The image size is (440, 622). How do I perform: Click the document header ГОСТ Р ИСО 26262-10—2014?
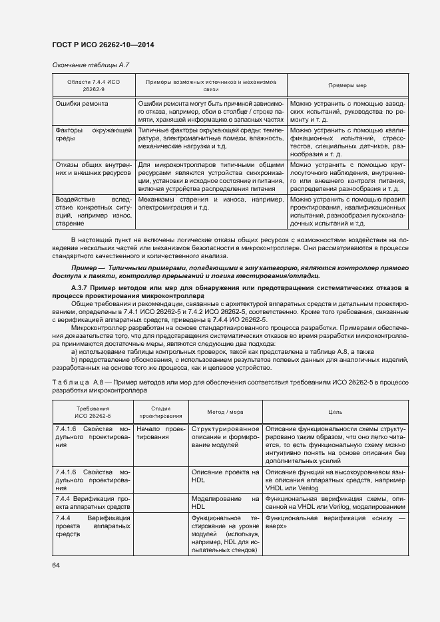click(x=107, y=45)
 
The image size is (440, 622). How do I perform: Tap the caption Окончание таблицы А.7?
click(x=91, y=65)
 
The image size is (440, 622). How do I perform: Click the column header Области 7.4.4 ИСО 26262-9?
click(x=93, y=84)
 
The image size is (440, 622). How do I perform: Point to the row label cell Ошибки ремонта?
click(x=82, y=104)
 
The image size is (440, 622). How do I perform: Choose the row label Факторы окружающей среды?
click(x=93, y=135)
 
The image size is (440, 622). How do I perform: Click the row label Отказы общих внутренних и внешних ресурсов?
click(x=93, y=168)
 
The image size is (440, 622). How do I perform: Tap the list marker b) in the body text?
click(x=74, y=359)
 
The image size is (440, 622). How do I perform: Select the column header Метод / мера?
click(x=225, y=411)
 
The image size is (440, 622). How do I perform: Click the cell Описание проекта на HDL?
click(x=225, y=476)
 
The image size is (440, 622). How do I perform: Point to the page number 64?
click(x=56, y=565)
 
